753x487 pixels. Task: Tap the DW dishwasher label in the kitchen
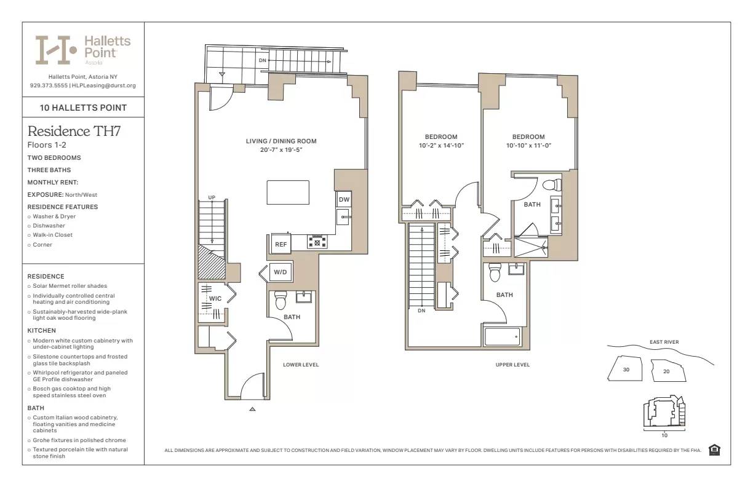pyautogui.click(x=344, y=199)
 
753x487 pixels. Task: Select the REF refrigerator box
pyautogui.click(x=281, y=244)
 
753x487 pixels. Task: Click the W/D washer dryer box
pyautogui.click(x=281, y=272)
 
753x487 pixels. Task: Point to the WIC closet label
pyautogui.click(x=215, y=298)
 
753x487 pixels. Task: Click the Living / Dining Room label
pyautogui.click(x=281, y=141)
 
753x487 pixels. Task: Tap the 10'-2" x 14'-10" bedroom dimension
pyautogui.click(x=441, y=146)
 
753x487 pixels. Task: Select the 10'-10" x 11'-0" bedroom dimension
pyautogui.click(x=528, y=146)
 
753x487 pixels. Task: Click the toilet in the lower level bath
pyautogui.click(x=281, y=300)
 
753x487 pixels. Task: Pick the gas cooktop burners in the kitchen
pyautogui.click(x=317, y=242)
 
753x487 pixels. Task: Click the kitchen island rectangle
pyautogui.click(x=288, y=192)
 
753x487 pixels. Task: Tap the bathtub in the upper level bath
pyautogui.click(x=503, y=337)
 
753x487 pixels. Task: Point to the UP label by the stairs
pyautogui.click(x=212, y=197)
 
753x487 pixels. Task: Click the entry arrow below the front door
pyautogui.click(x=252, y=408)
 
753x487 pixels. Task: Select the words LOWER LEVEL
pyautogui.click(x=301, y=365)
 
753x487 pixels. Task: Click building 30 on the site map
pyautogui.click(x=626, y=370)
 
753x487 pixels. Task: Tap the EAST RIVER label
pyautogui.click(x=664, y=342)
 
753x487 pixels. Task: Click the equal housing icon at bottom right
pyautogui.click(x=714, y=450)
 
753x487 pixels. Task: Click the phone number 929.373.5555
pyautogui.click(x=48, y=85)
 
